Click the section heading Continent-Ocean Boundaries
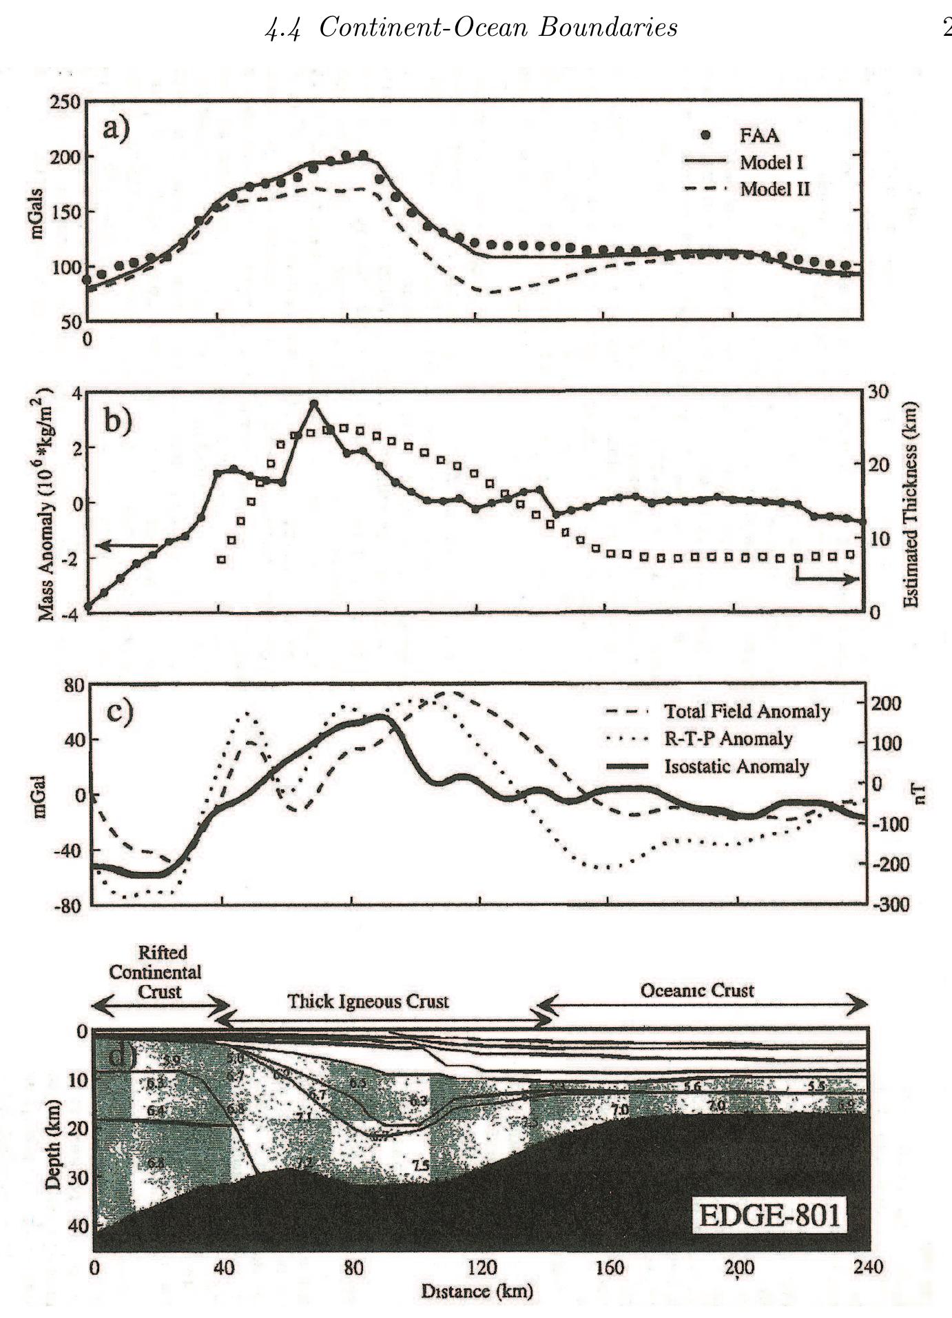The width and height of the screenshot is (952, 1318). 471,28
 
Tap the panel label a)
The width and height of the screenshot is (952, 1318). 116,129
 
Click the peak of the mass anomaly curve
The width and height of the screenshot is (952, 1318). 314,403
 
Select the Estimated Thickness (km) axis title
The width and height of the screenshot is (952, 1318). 911,505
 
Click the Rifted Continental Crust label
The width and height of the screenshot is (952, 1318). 156,972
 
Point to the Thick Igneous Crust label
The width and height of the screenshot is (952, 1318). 368,1001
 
